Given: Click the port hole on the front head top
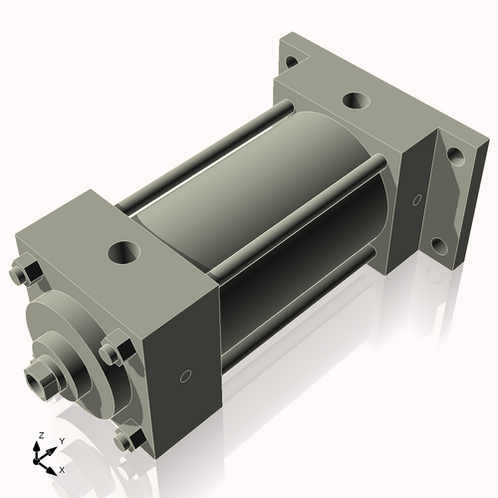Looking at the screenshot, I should point(125,249).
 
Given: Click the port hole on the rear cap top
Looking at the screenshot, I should point(356,102).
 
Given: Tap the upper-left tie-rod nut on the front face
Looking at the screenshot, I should point(23,270).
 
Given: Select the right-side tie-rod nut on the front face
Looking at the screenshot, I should point(112,353).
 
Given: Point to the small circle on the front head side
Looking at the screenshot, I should point(185,376).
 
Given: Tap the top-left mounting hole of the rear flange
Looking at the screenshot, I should point(290,61).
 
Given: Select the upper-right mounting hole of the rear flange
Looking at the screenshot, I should point(453,155).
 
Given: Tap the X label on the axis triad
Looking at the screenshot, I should point(62,468).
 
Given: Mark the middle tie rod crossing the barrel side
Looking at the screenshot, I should point(299,199).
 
